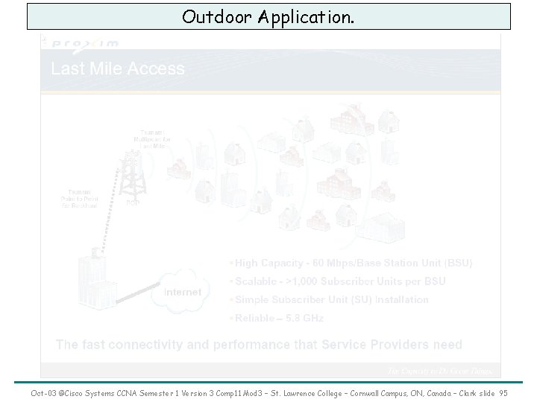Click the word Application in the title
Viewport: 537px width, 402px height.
click(x=304, y=16)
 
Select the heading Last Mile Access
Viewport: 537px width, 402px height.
click(x=118, y=69)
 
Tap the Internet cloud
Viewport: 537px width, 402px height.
click(x=182, y=292)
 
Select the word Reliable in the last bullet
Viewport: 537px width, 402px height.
click(x=258, y=318)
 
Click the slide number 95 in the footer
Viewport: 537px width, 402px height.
click(x=503, y=392)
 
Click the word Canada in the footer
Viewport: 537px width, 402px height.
click(x=426, y=392)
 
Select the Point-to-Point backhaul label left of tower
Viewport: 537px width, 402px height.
click(x=78, y=198)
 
